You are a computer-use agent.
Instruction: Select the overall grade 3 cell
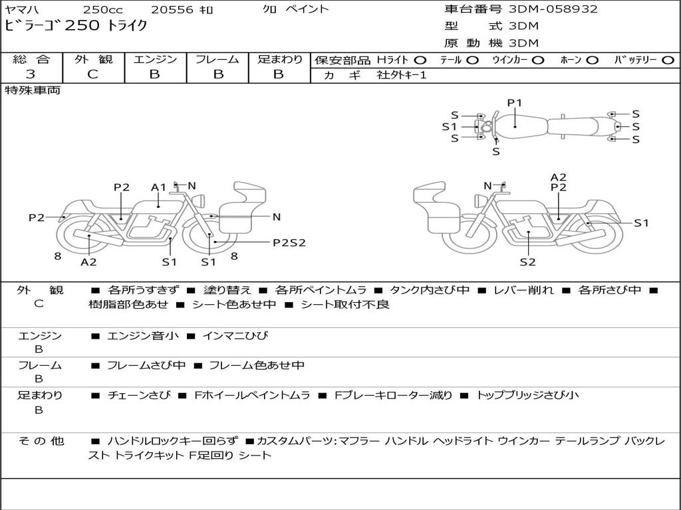[x=31, y=74]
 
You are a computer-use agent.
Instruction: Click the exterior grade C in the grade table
[x=93, y=74]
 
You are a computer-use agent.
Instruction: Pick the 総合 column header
[x=31, y=59]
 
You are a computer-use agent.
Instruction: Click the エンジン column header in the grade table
[x=155, y=59]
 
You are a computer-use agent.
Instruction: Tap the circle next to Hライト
[x=420, y=60]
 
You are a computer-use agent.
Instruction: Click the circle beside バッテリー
[x=668, y=60]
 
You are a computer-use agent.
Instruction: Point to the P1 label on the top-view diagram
[x=515, y=103]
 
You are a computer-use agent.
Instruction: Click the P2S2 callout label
[x=289, y=243]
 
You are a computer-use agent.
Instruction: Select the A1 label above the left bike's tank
[x=158, y=187]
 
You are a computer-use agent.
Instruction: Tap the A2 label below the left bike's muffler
[x=88, y=262]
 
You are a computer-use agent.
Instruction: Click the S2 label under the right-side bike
[x=527, y=262]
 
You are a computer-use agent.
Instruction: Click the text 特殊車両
[x=33, y=90]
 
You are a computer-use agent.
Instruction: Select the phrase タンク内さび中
[x=430, y=290]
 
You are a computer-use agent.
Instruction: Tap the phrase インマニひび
[x=235, y=335]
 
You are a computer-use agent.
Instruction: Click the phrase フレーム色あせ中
[x=257, y=365]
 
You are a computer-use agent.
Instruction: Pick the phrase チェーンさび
[x=139, y=395]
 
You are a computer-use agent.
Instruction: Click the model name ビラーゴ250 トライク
[x=76, y=25]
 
